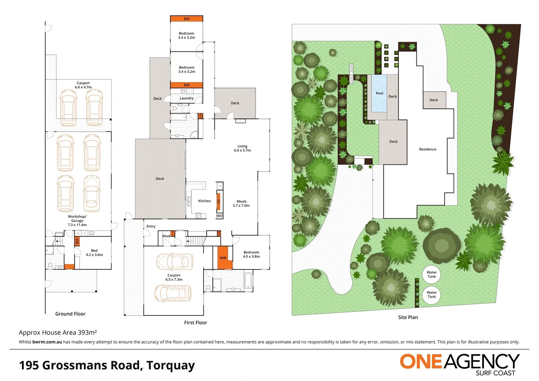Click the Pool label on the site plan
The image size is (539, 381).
379,93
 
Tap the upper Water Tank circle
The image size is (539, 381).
431,274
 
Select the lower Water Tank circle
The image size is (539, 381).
431,295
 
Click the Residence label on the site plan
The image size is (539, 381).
428,149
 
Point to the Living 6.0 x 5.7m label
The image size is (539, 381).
242,148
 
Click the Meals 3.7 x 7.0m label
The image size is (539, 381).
241,204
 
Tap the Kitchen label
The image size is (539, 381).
204,201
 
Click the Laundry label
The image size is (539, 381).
186,98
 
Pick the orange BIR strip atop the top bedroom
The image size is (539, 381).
187,19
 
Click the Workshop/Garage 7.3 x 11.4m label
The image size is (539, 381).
77,220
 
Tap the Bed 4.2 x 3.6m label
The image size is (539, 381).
94,253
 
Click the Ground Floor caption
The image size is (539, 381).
70,314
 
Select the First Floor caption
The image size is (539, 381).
195,322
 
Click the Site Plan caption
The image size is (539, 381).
408,317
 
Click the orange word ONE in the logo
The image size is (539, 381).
420,362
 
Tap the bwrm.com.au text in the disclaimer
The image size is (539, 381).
47,342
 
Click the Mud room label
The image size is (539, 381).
166,236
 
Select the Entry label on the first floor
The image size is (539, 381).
151,226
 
